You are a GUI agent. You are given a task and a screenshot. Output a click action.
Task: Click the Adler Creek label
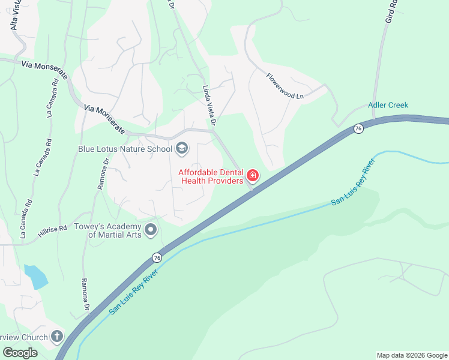388,105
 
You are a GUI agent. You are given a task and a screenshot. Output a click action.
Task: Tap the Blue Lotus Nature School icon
182,148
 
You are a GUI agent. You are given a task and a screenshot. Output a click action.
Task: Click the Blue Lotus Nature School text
125,148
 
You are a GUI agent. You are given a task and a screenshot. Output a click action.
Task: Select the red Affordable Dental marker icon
253,176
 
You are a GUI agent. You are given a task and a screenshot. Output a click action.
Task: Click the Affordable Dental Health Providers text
211,176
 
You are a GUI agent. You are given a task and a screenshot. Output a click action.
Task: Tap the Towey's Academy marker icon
151,230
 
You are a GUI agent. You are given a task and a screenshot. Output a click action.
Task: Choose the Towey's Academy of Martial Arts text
107,230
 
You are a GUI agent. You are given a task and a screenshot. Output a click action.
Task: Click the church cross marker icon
57,337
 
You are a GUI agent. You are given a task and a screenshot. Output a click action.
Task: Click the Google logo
20,353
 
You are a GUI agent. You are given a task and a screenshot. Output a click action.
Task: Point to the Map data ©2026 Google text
412,355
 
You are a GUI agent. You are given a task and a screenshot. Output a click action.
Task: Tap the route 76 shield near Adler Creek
358,128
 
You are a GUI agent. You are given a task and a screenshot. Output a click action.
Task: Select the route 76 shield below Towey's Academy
157,257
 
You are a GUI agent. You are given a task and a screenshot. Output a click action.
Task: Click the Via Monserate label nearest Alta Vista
44,67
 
